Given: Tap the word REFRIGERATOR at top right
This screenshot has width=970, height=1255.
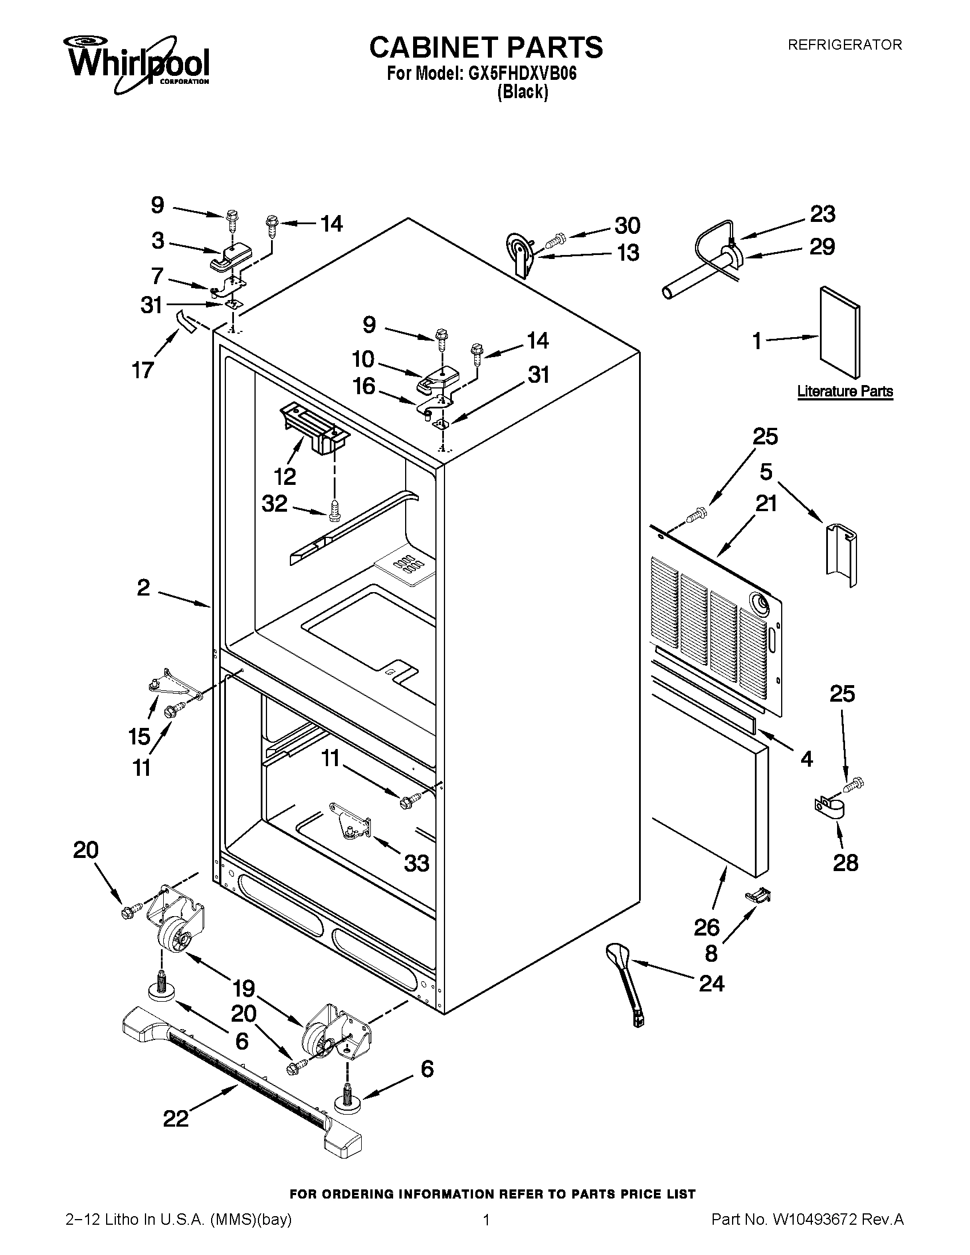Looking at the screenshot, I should pyautogui.click(x=844, y=45).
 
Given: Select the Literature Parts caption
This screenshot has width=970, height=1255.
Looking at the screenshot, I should pyautogui.click(x=844, y=392).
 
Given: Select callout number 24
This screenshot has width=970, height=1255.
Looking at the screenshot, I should pyautogui.click(x=712, y=983).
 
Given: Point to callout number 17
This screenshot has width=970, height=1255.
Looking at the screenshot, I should pyautogui.click(x=143, y=370).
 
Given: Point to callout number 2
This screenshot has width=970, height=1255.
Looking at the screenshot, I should pyautogui.click(x=143, y=588).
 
